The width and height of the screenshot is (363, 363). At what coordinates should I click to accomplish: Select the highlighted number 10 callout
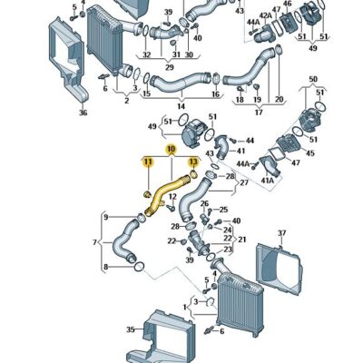pos(170,148)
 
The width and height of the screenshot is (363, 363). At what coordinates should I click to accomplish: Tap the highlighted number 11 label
pos(146,162)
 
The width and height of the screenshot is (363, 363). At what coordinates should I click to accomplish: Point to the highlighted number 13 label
pos(192,162)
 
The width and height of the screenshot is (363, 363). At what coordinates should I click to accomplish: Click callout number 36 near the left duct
pos(83,113)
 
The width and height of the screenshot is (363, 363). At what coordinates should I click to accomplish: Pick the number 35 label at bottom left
pos(130,330)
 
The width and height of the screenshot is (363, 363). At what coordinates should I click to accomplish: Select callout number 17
pos(258,113)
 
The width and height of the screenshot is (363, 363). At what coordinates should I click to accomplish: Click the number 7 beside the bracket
pos(95,242)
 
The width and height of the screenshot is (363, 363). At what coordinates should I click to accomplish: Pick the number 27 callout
pos(243,182)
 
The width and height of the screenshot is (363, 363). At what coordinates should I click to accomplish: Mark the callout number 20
pos(279,99)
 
